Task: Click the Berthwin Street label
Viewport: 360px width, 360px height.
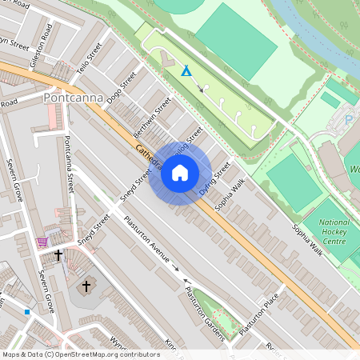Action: click(x=154, y=116)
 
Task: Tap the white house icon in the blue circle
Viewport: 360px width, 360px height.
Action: click(x=180, y=174)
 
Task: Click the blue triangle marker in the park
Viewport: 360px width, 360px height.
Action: click(x=186, y=71)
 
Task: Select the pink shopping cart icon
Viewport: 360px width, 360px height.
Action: click(x=42, y=241)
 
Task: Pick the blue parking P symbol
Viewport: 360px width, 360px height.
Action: click(x=349, y=120)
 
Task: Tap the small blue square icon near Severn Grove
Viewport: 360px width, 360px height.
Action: click(x=26, y=312)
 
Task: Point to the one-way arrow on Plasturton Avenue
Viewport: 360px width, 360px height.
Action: click(x=176, y=268)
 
